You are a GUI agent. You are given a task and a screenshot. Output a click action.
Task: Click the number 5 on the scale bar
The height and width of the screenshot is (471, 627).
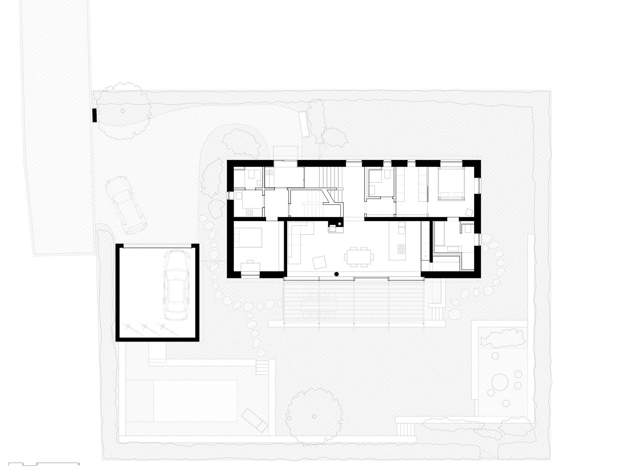coord(80,464)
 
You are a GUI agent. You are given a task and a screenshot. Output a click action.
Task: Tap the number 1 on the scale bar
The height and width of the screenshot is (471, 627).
coord(23,464)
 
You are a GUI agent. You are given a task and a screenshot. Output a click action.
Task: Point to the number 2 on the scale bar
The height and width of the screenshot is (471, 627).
coord(37,464)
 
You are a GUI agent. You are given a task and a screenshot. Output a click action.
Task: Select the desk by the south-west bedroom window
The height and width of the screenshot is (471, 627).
coord(250,266)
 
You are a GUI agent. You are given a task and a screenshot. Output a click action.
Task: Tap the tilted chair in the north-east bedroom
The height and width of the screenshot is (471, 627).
coord(469,212)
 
